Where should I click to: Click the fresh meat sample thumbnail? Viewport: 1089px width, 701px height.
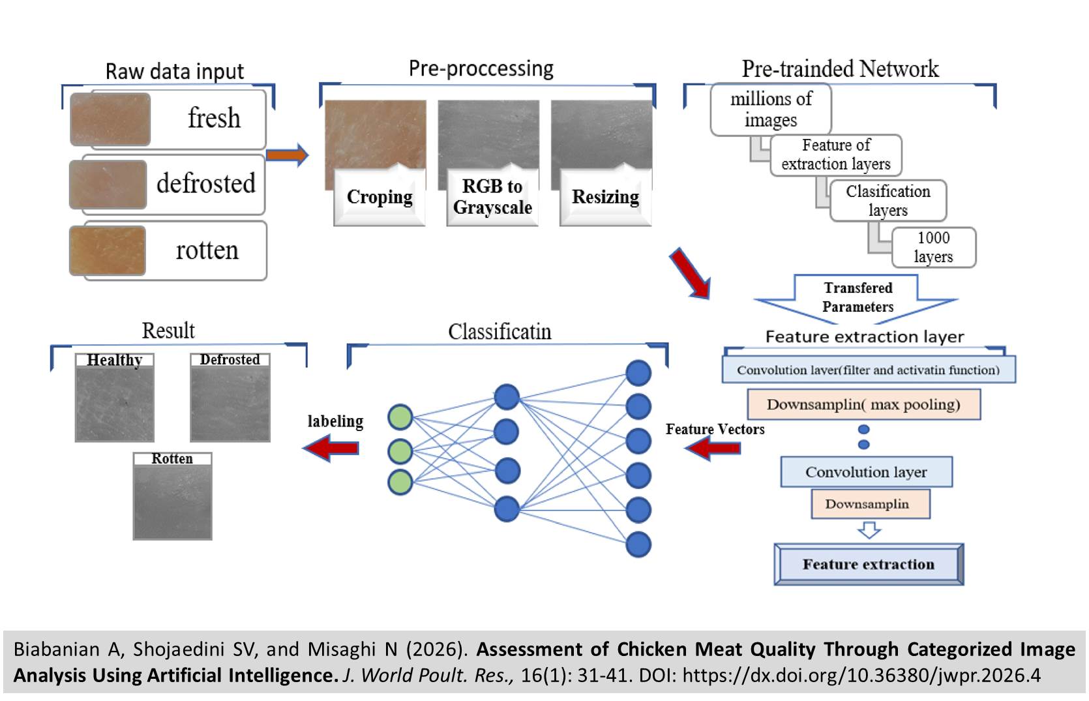pyautogui.click(x=110, y=119)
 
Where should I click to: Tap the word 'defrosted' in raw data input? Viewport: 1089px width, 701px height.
pyautogui.click(x=206, y=183)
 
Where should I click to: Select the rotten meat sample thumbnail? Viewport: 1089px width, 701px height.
pyautogui.click(x=108, y=251)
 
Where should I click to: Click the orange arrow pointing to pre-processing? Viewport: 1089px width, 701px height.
pyautogui.click(x=288, y=156)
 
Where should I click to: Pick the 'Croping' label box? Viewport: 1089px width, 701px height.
pyautogui.click(x=380, y=197)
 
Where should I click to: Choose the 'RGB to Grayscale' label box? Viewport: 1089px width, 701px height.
pyautogui.click(x=492, y=197)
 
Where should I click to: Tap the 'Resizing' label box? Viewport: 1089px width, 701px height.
pyautogui.click(x=605, y=197)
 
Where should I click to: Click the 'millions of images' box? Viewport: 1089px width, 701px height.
pyautogui.click(x=771, y=110)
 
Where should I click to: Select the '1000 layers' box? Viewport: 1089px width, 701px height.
pyautogui.click(x=934, y=247)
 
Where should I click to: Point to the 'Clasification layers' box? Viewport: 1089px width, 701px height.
pyautogui.click(x=888, y=201)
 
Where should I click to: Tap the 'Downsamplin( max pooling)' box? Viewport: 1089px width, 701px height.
pyautogui.click(x=864, y=404)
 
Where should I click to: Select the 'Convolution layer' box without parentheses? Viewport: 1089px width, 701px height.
pyautogui.click(x=867, y=472)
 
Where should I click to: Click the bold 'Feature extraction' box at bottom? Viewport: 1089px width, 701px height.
pyautogui.click(x=869, y=565)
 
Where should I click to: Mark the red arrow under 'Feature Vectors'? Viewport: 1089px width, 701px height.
pyautogui.click(x=713, y=448)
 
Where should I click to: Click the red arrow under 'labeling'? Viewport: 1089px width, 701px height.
pyautogui.click(x=331, y=448)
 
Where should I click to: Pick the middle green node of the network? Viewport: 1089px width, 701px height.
pyautogui.click(x=400, y=452)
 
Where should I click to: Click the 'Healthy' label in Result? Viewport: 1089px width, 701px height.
pyautogui.click(x=115, y=360)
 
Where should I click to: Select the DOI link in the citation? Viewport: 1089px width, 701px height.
pyautogui.click(x=861, y=675)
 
